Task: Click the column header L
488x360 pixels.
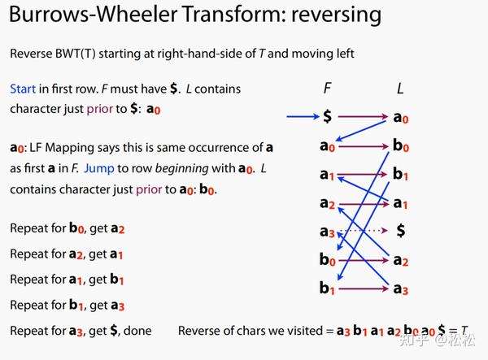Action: pyautogui.click(x=399, y=88)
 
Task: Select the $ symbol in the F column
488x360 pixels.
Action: pyautogui.click(x=327, y=117)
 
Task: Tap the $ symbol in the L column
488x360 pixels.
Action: pyautogui.click(x=400, y=231)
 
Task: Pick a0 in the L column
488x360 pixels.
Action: pyautogui.click(x=400, y=118)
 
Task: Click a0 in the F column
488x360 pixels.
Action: pyautogui.click(x=327, y=146)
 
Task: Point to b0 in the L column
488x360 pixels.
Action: pyautogui.click(x=400, y=146)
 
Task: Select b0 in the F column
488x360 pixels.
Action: pyautogui.click(x=327, y=260)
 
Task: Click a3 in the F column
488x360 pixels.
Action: pyautogui.click(x=327, y=232)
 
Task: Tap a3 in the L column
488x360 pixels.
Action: pyautogui.click(x=400, y=288)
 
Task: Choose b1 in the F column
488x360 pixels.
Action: pyautogui.click(x=327, y=288)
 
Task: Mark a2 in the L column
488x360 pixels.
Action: pyautogui.click(x=400, y=260)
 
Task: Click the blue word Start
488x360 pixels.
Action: pyautogui.click(x=23, y=88)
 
